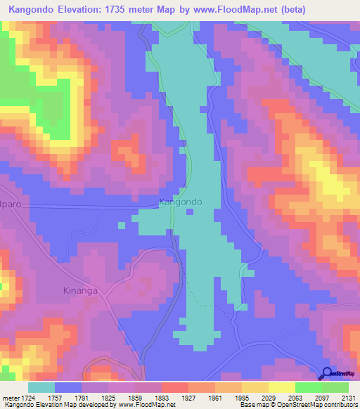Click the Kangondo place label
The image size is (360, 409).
click(181, 202)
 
